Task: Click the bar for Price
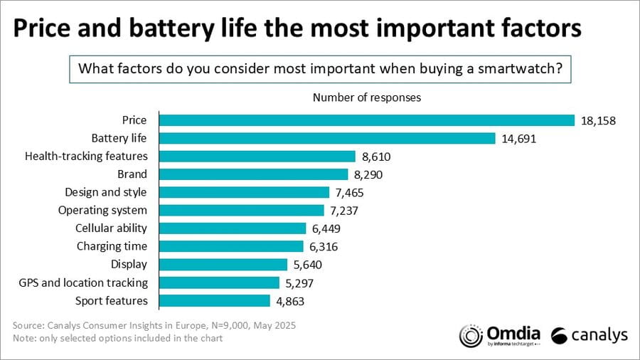[x=366, y=120]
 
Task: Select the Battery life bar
[x=326, y=138]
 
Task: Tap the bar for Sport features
[x=214, y=301]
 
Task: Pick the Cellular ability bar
[x=233, y=228]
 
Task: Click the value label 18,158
[x=598, y=120]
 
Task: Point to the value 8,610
[x=376, y=157]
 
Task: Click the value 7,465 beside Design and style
[x=351, y=193]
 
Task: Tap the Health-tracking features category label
[x=86, y=157]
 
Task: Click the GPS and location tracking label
[x=83, y=283]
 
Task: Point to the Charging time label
[x=112, y=247]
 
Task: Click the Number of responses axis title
[x=366, y=97]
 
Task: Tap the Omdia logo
[x=500, y=335]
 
